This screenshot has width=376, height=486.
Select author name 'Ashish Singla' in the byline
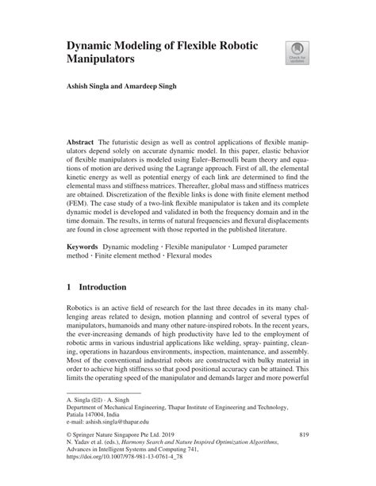[91, 85]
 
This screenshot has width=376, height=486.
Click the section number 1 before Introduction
[70, 286]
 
